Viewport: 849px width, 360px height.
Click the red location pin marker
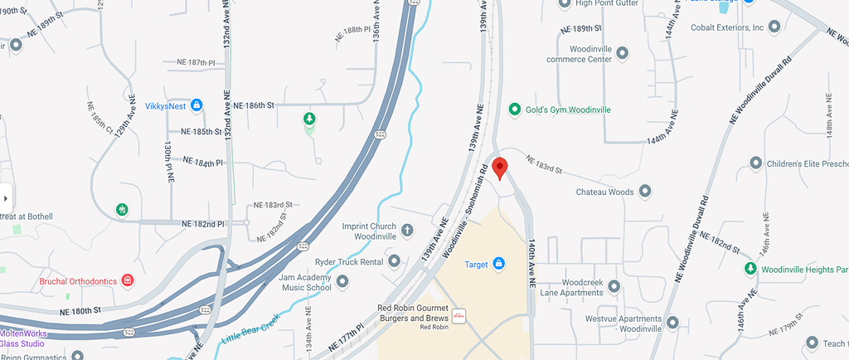[499, 168]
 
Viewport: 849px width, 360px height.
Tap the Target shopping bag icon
[498, 264]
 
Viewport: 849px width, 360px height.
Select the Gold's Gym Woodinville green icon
[514, 109]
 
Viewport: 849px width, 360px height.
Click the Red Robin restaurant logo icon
[458, 316]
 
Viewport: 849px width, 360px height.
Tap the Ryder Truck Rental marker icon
[394, 262]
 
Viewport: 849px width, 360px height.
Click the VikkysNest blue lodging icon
[196, 105]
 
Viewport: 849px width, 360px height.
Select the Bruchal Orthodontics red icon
[128, 281]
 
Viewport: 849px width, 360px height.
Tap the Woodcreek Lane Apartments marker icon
[614, 287]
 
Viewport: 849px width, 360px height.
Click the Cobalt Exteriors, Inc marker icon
[774, 27]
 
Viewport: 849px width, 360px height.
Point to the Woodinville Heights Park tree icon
[750, 270]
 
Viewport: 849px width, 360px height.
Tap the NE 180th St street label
[80, 310]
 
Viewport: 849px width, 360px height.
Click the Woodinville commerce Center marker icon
[621, 53]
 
